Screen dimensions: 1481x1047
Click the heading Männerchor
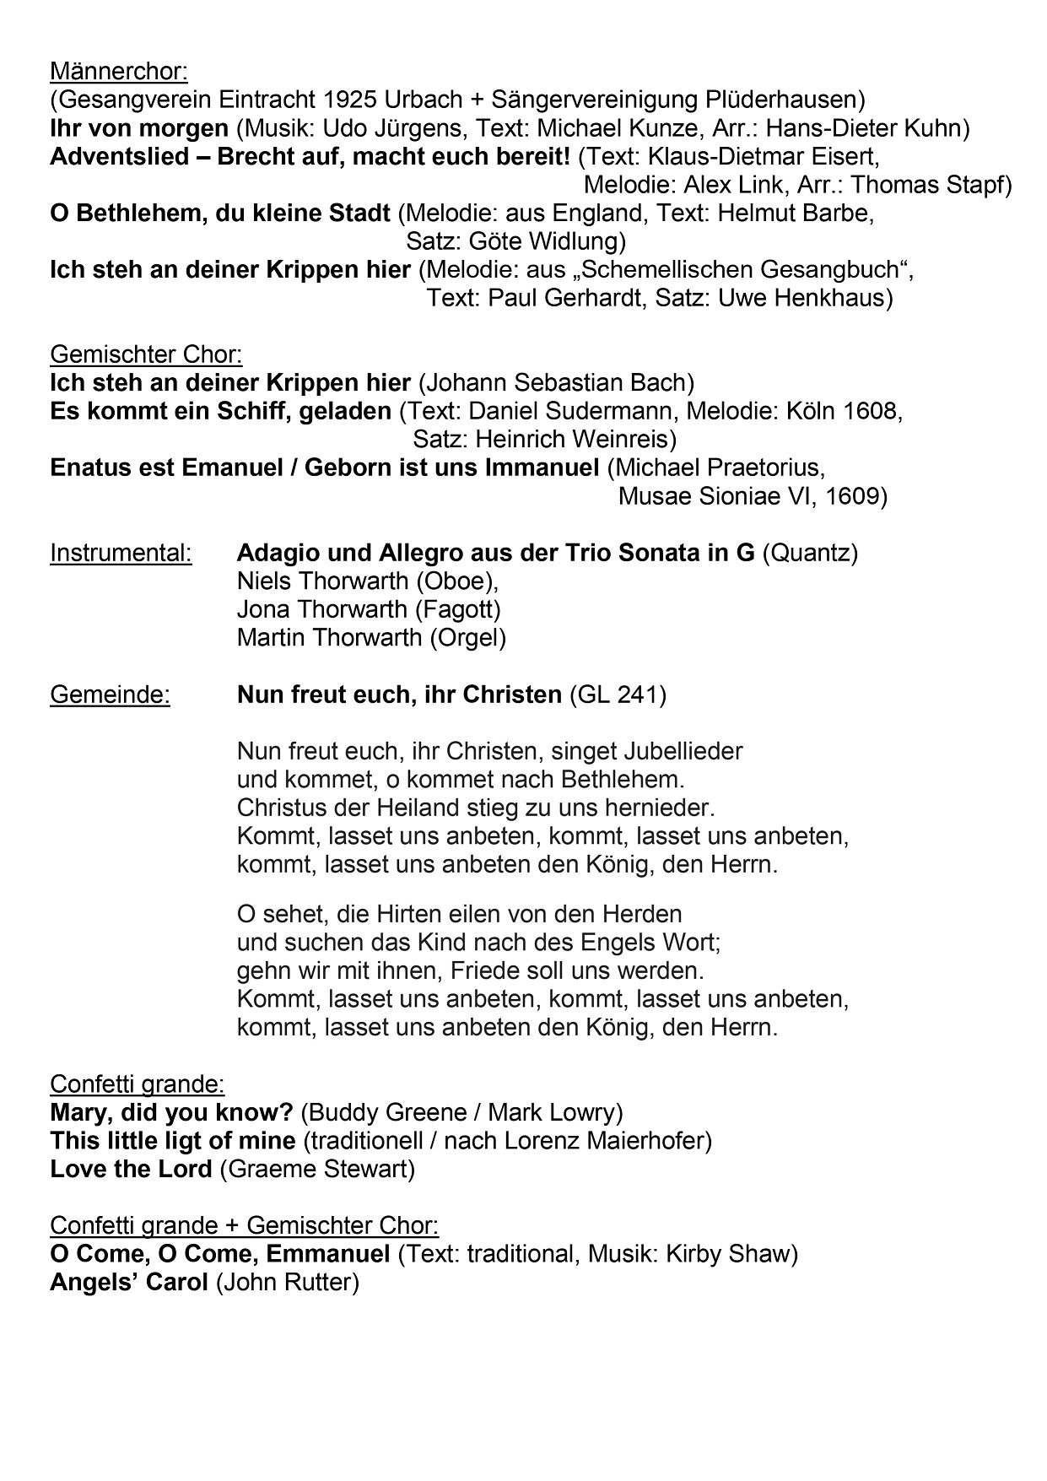tap(119, 71)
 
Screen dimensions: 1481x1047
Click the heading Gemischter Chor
tap(146, 354)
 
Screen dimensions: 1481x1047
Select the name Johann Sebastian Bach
tap(556, 383)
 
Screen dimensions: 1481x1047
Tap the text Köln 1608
tap(840, 412)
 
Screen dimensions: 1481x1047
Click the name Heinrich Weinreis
tap(573, 440)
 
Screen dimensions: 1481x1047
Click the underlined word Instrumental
tap(121, 554)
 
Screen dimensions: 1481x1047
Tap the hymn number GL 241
tap(618, 695)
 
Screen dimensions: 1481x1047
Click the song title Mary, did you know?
tap(171, 1112)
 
